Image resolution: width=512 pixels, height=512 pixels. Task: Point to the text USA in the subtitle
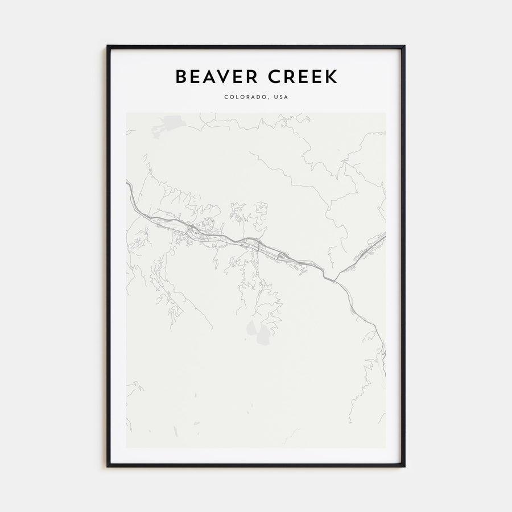[281, 97]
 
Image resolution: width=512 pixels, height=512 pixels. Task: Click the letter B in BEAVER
[181, 76]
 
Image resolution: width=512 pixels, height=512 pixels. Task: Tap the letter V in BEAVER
[218, 76]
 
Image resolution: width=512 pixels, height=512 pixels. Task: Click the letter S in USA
[281, 97]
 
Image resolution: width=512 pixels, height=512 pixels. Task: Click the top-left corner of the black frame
[108, 47]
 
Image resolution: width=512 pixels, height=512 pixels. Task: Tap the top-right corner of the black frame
[404, 47]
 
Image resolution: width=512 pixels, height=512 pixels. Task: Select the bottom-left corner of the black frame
[108, 466]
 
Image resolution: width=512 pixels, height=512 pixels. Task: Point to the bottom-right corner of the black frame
[404, 466]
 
